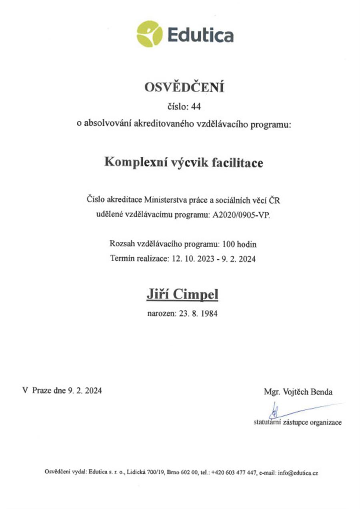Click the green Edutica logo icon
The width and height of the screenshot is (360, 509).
tap(150, 34)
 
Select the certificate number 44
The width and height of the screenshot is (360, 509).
tap(199, 107)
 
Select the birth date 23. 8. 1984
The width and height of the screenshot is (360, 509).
tap(196, 314)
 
